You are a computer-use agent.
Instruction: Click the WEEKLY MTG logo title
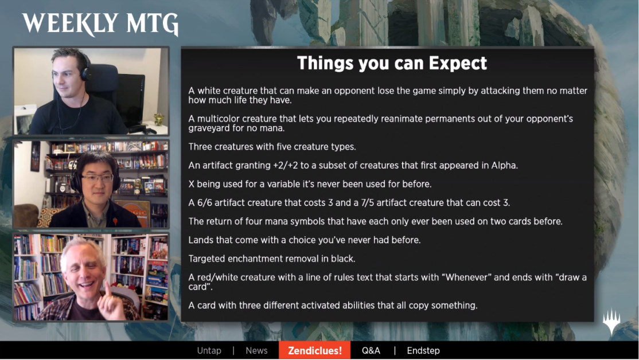tap(100, 24)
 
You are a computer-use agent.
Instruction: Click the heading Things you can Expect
tap(392, 63)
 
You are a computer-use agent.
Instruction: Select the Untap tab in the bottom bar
tap(209, 351)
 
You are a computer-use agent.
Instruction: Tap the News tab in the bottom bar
tap(257, 351)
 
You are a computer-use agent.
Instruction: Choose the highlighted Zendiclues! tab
tap(314, 351)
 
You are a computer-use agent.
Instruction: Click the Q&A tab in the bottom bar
tap(371, 351)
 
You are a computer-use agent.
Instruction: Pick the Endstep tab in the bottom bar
tap(423, 351)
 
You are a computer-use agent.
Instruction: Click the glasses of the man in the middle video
tap(98, 178)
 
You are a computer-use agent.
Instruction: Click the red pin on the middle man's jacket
tap(115, 221)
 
